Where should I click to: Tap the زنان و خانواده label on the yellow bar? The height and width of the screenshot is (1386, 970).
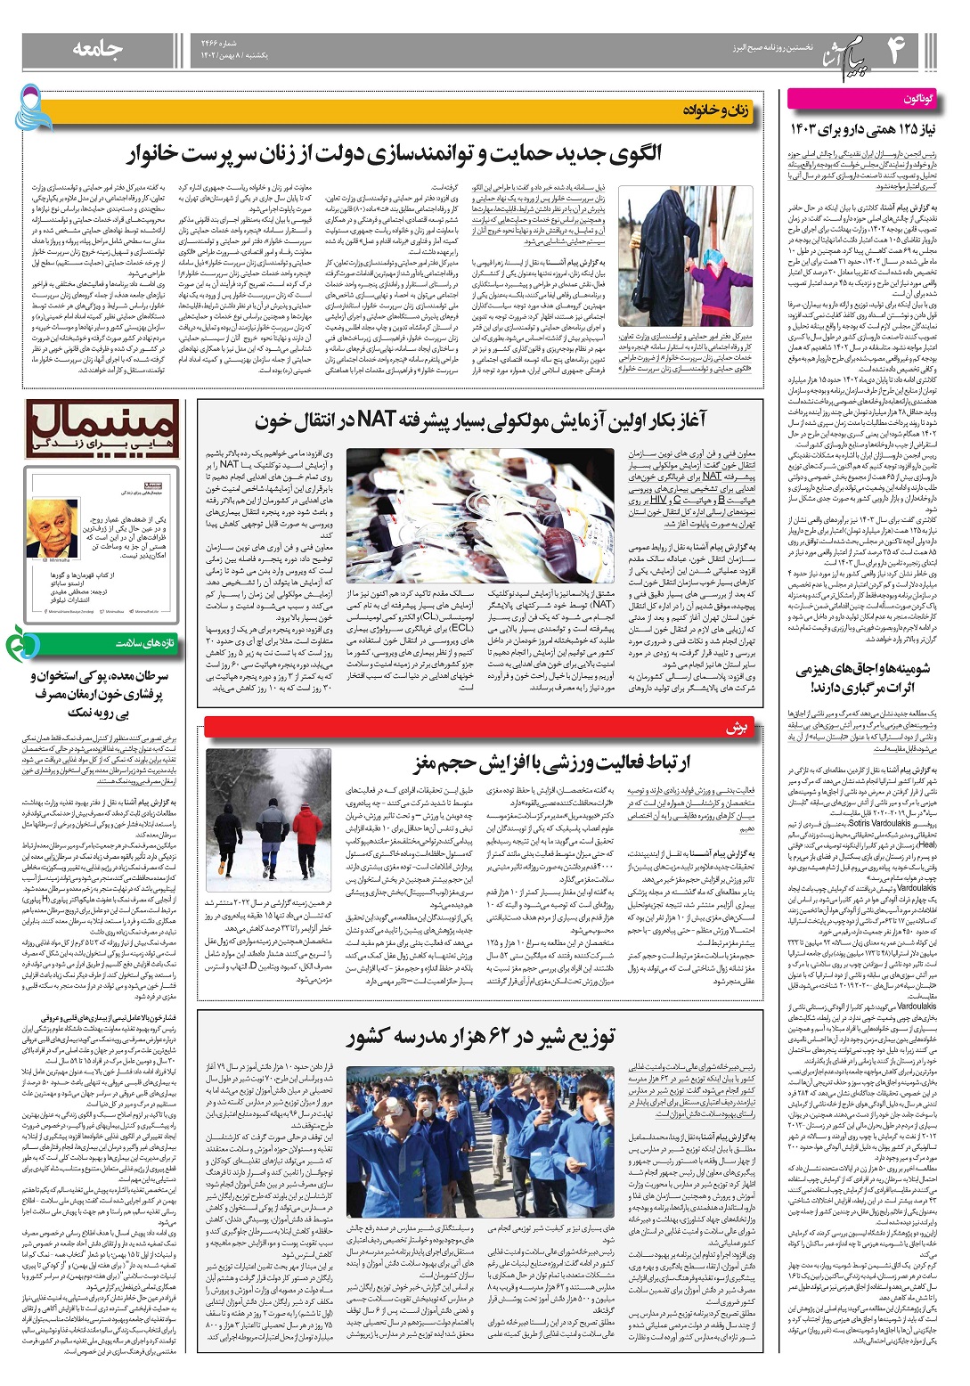(716, 110)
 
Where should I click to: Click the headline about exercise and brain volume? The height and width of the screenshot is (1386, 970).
(552, 763)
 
